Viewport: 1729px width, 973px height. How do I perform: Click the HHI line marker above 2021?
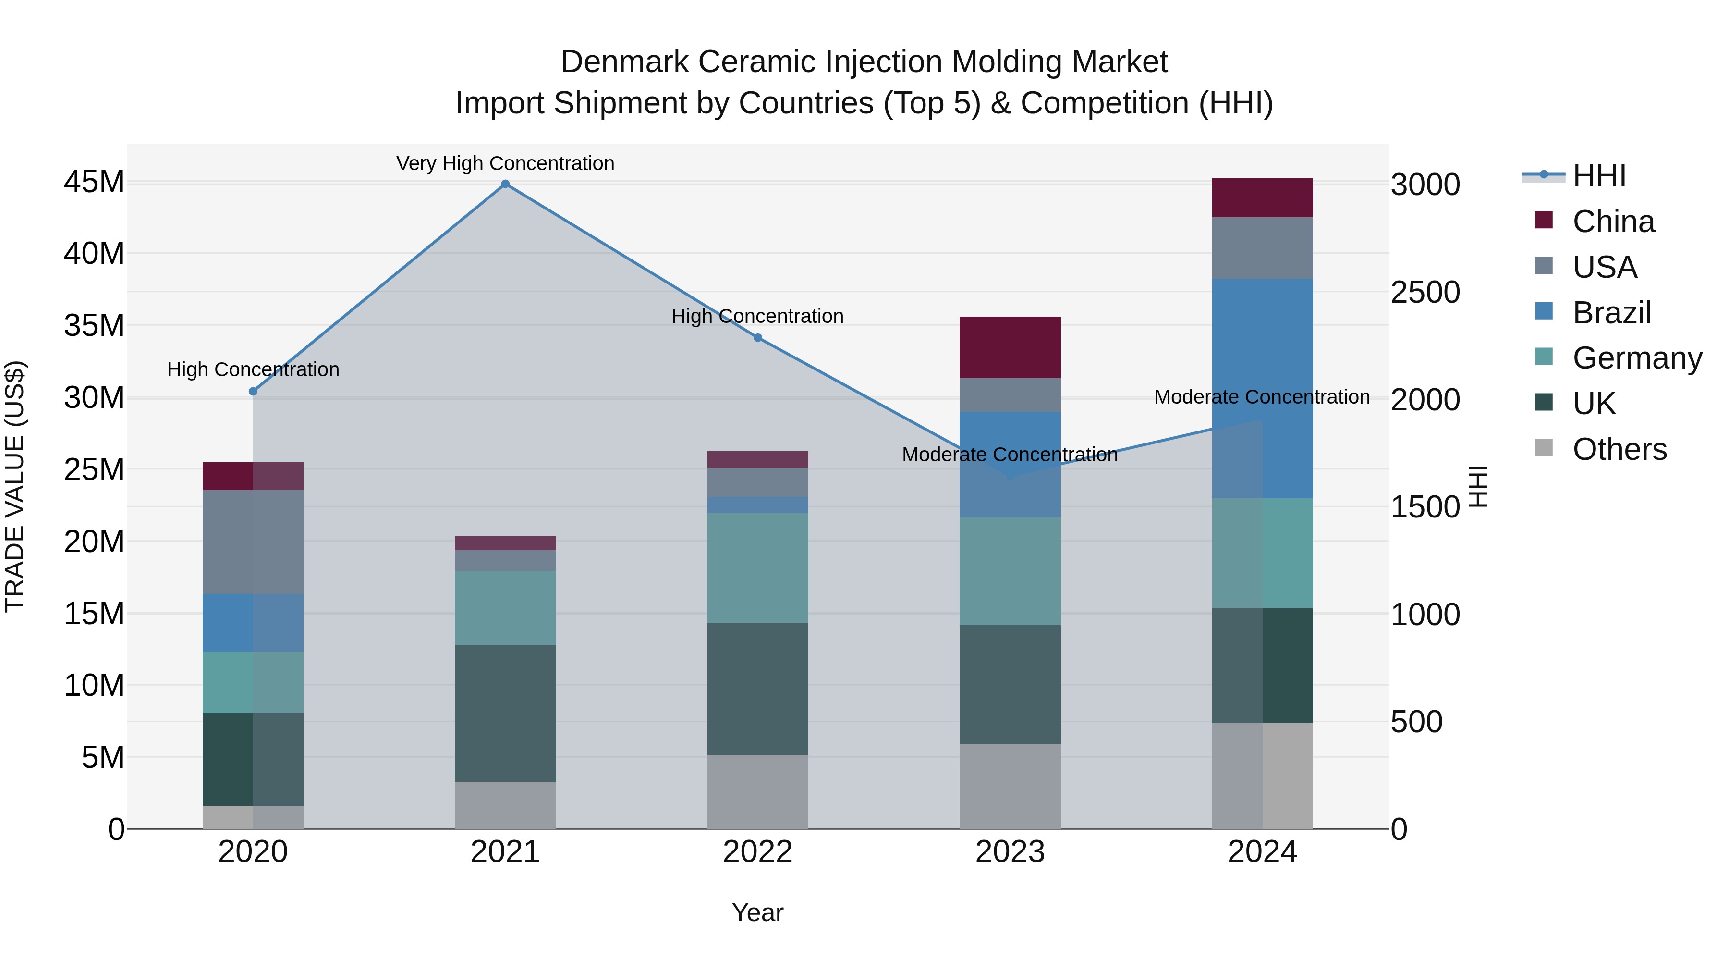point(505,184)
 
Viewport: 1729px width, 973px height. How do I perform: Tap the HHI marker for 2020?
point(253,392)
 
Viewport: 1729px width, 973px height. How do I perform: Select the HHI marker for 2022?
point(758,338)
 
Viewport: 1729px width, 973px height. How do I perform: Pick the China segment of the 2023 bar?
point(1010,347)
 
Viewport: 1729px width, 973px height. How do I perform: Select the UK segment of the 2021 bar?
point(505,713)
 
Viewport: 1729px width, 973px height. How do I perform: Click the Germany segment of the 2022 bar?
point(758,567)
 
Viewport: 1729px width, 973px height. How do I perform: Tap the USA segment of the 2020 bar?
point(253,542)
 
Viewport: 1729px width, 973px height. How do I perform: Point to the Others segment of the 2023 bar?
point(1010,786)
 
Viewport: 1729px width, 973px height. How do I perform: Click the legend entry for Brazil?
point(1611,313)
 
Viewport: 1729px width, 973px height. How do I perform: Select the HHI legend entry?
point(1599,176)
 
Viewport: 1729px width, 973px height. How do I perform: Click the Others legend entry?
point(1619,449)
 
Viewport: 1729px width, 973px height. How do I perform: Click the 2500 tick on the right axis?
point(1425,292)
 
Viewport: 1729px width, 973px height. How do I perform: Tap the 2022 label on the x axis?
point(758,852)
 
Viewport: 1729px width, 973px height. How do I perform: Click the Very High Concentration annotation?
point(505,163)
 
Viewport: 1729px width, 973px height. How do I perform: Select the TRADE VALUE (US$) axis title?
point(15,486)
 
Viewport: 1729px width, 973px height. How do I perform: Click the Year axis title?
point(758,912)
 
